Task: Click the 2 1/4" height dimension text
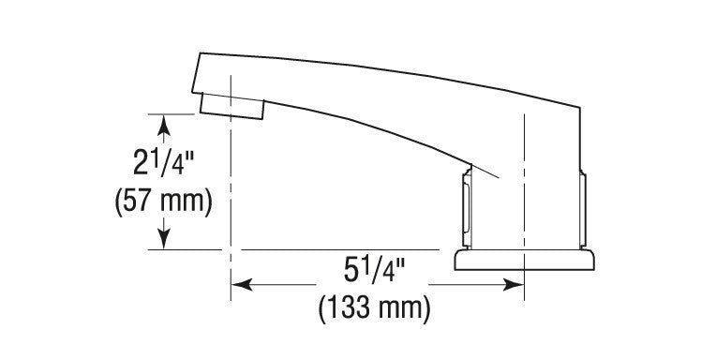164,161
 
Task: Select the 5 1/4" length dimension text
374,270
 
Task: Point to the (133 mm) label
374,307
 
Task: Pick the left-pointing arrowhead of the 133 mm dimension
242,284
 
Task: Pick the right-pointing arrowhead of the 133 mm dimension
514,284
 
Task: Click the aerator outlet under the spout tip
231,107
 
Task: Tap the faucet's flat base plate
525,260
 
